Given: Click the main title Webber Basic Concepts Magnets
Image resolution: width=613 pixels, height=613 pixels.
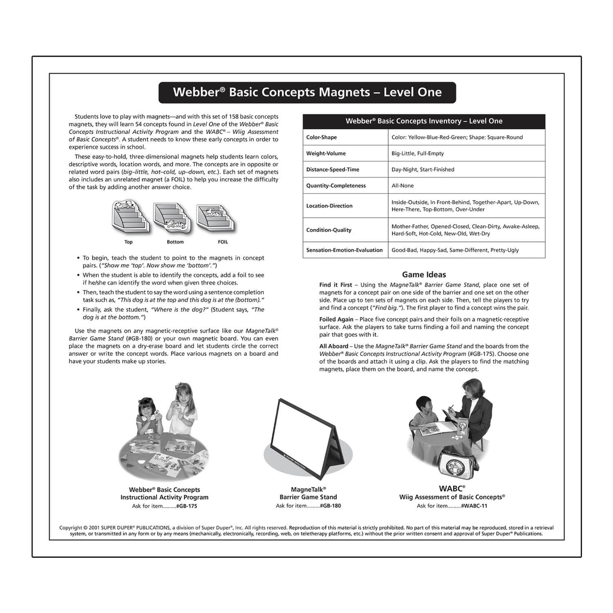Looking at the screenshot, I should click(307, 92).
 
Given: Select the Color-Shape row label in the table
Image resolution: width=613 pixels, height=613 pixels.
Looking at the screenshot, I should click(321, 137).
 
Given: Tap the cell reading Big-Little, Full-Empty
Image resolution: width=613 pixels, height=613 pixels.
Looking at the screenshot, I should click(417, 154).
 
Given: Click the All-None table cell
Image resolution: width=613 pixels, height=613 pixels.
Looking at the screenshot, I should click(402, 186).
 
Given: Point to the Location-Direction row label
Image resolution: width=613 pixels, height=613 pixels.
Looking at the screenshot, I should click(329, 206).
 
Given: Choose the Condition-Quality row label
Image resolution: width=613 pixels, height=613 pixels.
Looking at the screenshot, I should click(329, 230).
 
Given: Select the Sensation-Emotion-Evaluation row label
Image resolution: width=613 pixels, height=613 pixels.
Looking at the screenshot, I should click(344, 250).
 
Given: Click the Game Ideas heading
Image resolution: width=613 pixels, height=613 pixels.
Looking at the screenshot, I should click(424, 275).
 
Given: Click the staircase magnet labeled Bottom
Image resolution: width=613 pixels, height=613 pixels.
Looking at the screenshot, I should click(172, 218).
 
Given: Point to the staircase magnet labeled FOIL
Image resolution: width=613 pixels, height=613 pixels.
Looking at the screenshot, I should click(216, 218).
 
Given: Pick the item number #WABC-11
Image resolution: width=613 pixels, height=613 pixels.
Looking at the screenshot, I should click(474, 506).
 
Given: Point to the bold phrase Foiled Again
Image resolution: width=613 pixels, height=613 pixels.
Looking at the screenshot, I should click(336, 319).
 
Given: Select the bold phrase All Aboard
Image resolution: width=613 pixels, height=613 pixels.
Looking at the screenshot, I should click(333, 346).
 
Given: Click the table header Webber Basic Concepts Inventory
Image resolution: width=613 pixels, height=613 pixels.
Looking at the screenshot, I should click(423, 121).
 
